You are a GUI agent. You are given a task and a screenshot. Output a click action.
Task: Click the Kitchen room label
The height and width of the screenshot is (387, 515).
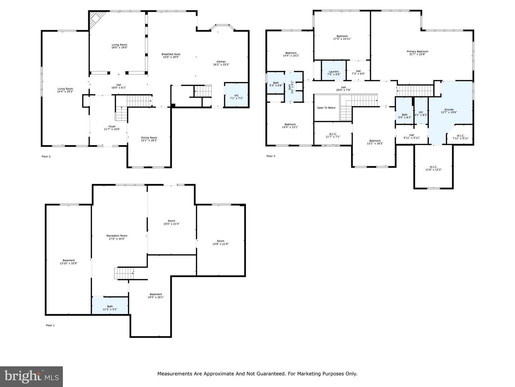coord(221,63)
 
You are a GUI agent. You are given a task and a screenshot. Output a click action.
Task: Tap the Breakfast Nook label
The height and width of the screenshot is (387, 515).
coord(171,56)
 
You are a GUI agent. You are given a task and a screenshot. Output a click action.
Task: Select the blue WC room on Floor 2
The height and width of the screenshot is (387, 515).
coord(236,95)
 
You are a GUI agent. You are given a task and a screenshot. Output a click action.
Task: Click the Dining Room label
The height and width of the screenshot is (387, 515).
coord(149,139)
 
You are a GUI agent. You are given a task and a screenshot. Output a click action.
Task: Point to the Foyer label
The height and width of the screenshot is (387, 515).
coord(112,128)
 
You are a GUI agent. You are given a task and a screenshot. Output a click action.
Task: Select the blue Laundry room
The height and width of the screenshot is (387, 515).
coord(334,71)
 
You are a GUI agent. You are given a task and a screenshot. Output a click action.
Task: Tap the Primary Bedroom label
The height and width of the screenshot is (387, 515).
coord(417,53)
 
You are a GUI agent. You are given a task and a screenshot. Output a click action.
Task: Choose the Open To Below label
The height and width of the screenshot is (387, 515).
coord(326,107)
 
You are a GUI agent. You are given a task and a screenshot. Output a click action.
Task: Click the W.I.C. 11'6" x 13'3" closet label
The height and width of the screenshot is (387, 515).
coord(433,168)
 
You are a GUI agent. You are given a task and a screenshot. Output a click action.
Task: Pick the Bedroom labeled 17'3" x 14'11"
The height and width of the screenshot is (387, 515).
coord(342,37)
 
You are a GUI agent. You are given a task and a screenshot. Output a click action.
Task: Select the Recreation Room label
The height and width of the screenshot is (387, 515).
coord(117,237)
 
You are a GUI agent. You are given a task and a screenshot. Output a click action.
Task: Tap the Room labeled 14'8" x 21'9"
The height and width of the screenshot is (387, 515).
coord(220,242)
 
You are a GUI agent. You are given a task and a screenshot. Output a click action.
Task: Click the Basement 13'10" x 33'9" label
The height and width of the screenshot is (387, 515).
coord(69,262)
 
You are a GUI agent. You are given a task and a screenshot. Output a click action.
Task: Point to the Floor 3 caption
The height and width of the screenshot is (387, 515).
coord(271,156)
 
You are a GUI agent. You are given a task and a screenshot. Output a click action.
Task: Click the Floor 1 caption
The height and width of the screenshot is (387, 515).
coord(50,325)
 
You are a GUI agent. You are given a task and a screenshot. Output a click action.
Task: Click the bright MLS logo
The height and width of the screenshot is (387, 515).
coord(31,376)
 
